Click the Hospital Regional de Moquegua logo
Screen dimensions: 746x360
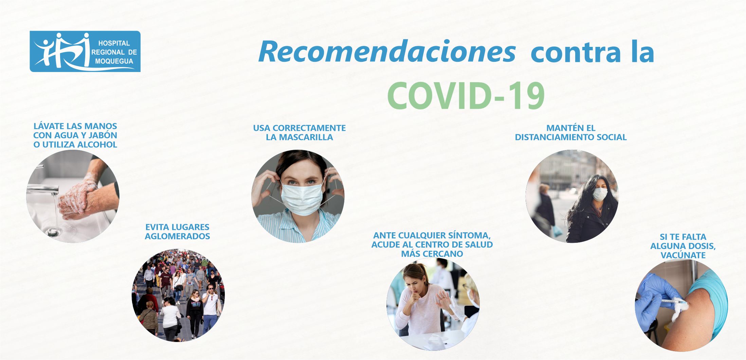pos(85,51)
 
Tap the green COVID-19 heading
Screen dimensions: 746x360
pos(466,96)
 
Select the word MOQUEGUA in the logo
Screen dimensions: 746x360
pos(114,61)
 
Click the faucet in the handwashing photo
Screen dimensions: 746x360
pos(43,188)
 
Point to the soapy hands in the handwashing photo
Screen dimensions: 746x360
pos(78,199)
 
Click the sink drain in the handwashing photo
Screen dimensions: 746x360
pos(53,232)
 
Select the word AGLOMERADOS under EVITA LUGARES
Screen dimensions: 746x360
pos(178,236)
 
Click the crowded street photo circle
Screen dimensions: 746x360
pos(178,295)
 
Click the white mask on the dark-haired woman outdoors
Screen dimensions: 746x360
pos(600,194)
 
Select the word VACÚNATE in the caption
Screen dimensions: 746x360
pos(683,255)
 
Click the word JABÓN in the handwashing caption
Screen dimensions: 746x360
pos(103,135)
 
